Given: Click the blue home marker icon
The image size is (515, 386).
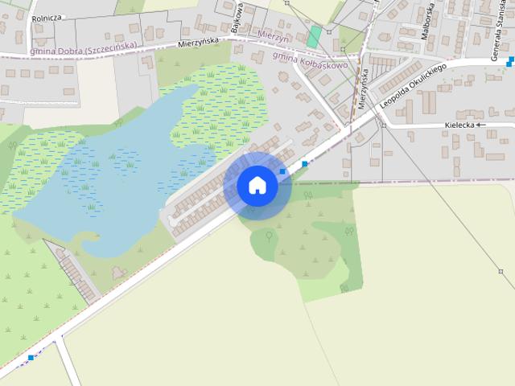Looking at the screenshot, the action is [x=257, y=185].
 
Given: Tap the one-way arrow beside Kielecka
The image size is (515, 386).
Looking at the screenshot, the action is [x=481, y=125].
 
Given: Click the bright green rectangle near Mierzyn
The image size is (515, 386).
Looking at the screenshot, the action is [x=314, y=37].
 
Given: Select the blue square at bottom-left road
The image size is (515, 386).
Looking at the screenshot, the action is [x=31, y=357].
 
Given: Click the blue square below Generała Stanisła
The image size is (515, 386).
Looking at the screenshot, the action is [x=511, y=60].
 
